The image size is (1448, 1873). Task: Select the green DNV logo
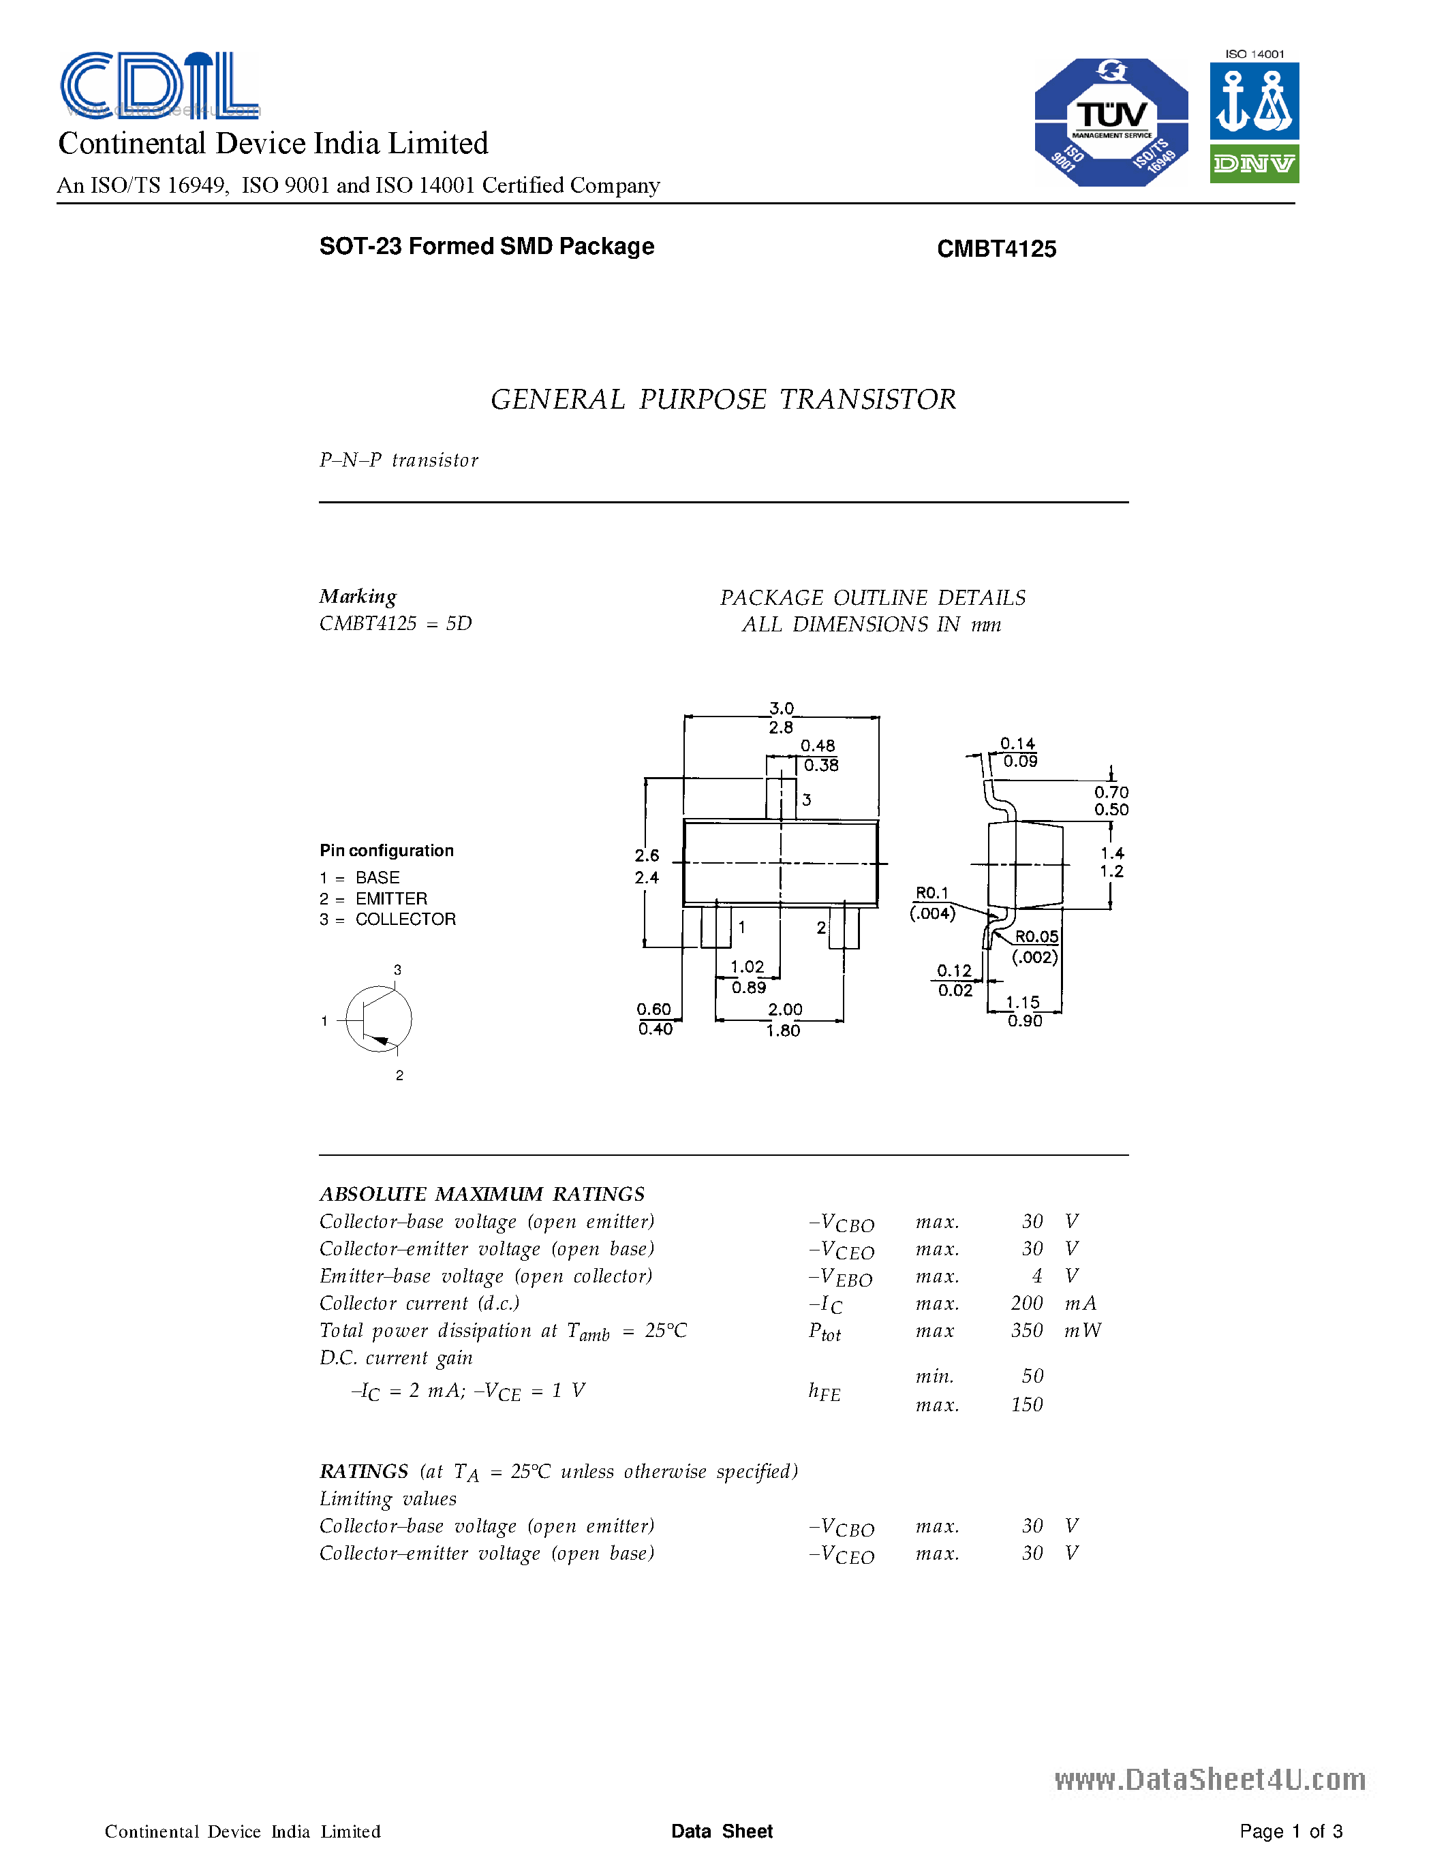(x=1254, y=163)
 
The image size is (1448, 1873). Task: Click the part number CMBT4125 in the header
(x=996, y=249)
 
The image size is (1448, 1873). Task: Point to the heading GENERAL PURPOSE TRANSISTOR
(x=722, y=400)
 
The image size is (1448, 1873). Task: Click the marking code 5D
(x=459, y=623)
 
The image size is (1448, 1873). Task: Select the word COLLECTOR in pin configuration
(x=405, y=919)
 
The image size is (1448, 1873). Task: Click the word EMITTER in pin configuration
(x=391, y=899)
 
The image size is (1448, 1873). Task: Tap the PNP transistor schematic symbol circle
(x=378, y=1019)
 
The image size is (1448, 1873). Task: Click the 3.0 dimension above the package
(x=782, y=708)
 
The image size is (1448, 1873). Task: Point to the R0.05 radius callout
(x=1036, y=936)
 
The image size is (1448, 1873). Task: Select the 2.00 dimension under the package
(x=785, y=1009)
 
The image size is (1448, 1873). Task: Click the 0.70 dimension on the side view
(x=1111, y=792)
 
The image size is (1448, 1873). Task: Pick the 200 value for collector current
(x=1027, y=1304)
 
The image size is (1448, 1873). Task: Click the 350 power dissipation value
(x=1027, y=1331)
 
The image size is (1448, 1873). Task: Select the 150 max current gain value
(x=1027, y=1404)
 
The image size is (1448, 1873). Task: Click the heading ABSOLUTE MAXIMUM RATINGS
(x=481, y=1194)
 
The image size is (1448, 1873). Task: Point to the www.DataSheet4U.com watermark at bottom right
(x=1210, y=1780)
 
